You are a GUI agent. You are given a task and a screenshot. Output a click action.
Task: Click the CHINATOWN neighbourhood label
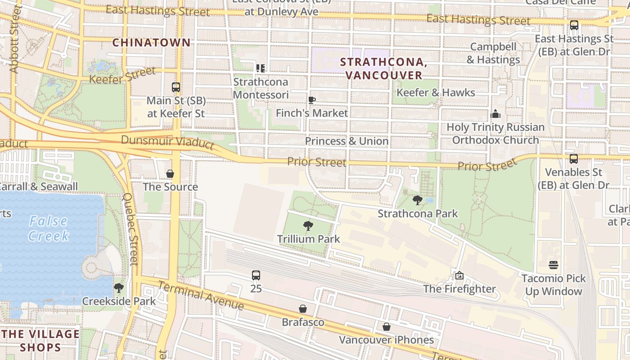point(151,43)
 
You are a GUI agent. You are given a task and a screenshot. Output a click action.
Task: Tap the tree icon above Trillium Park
point(308,226)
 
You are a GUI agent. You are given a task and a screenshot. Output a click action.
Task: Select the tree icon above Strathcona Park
point(418,200)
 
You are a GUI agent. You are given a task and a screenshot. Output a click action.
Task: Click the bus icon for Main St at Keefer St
point(176,87)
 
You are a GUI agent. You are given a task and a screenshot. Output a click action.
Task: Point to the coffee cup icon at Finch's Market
point(311,100)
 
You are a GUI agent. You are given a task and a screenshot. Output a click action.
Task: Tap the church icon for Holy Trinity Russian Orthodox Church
point(495,114)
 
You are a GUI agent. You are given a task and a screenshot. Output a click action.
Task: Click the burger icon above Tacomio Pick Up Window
point(553,265)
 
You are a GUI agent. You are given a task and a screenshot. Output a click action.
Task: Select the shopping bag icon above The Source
point(170,174)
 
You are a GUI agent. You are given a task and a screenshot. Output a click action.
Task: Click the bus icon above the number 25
point(256,275)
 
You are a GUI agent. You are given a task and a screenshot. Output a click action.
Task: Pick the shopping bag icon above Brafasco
point(303,309)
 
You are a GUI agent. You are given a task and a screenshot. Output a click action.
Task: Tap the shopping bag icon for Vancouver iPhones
point(386,327)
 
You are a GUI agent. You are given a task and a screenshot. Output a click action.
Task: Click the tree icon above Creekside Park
point(119,288)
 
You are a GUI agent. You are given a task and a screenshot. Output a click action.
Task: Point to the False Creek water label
point(48,228)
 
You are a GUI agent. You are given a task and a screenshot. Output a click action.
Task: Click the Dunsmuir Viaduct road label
point(167,142)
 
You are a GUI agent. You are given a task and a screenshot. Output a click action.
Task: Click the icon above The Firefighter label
point(459,275)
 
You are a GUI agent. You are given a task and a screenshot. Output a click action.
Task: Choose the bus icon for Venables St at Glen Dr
point(574,159)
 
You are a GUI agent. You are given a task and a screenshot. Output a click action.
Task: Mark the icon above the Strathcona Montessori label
point(261,68)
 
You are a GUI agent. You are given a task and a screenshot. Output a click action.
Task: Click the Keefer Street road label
point(122,75)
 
